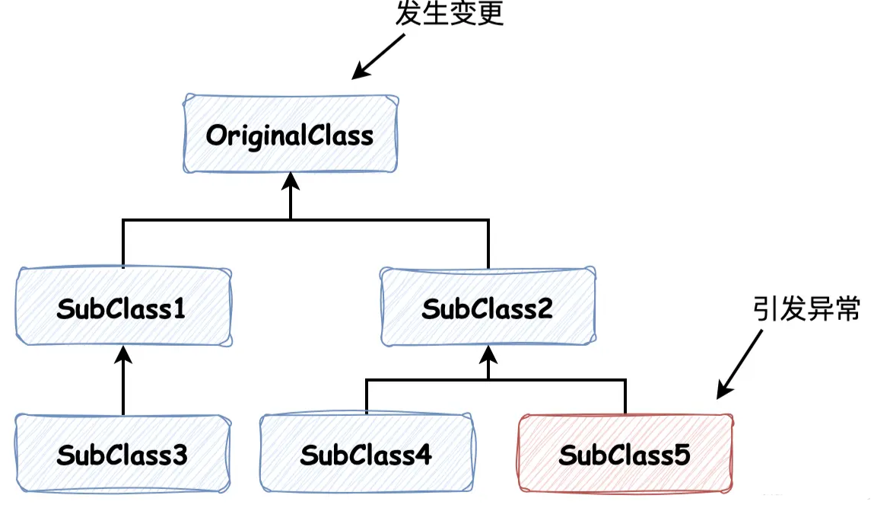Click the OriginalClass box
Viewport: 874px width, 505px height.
[x=290, y=135]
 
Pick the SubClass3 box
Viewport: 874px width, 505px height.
[x=122, y=455]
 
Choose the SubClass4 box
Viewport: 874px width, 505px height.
[x=366, y=455]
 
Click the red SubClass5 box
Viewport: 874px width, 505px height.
[x=625, y=455]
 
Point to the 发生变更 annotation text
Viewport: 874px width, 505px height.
[x=450, y=14]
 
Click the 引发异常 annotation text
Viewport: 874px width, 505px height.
[x=806, y=309]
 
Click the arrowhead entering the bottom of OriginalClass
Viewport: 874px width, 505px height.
[x=290, y=182]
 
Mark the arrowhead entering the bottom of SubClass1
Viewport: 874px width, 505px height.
[x=122, y=353]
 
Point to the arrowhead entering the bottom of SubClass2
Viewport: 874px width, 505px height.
[x=488, y=353]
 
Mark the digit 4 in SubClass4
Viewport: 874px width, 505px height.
[x=423, y=455]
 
